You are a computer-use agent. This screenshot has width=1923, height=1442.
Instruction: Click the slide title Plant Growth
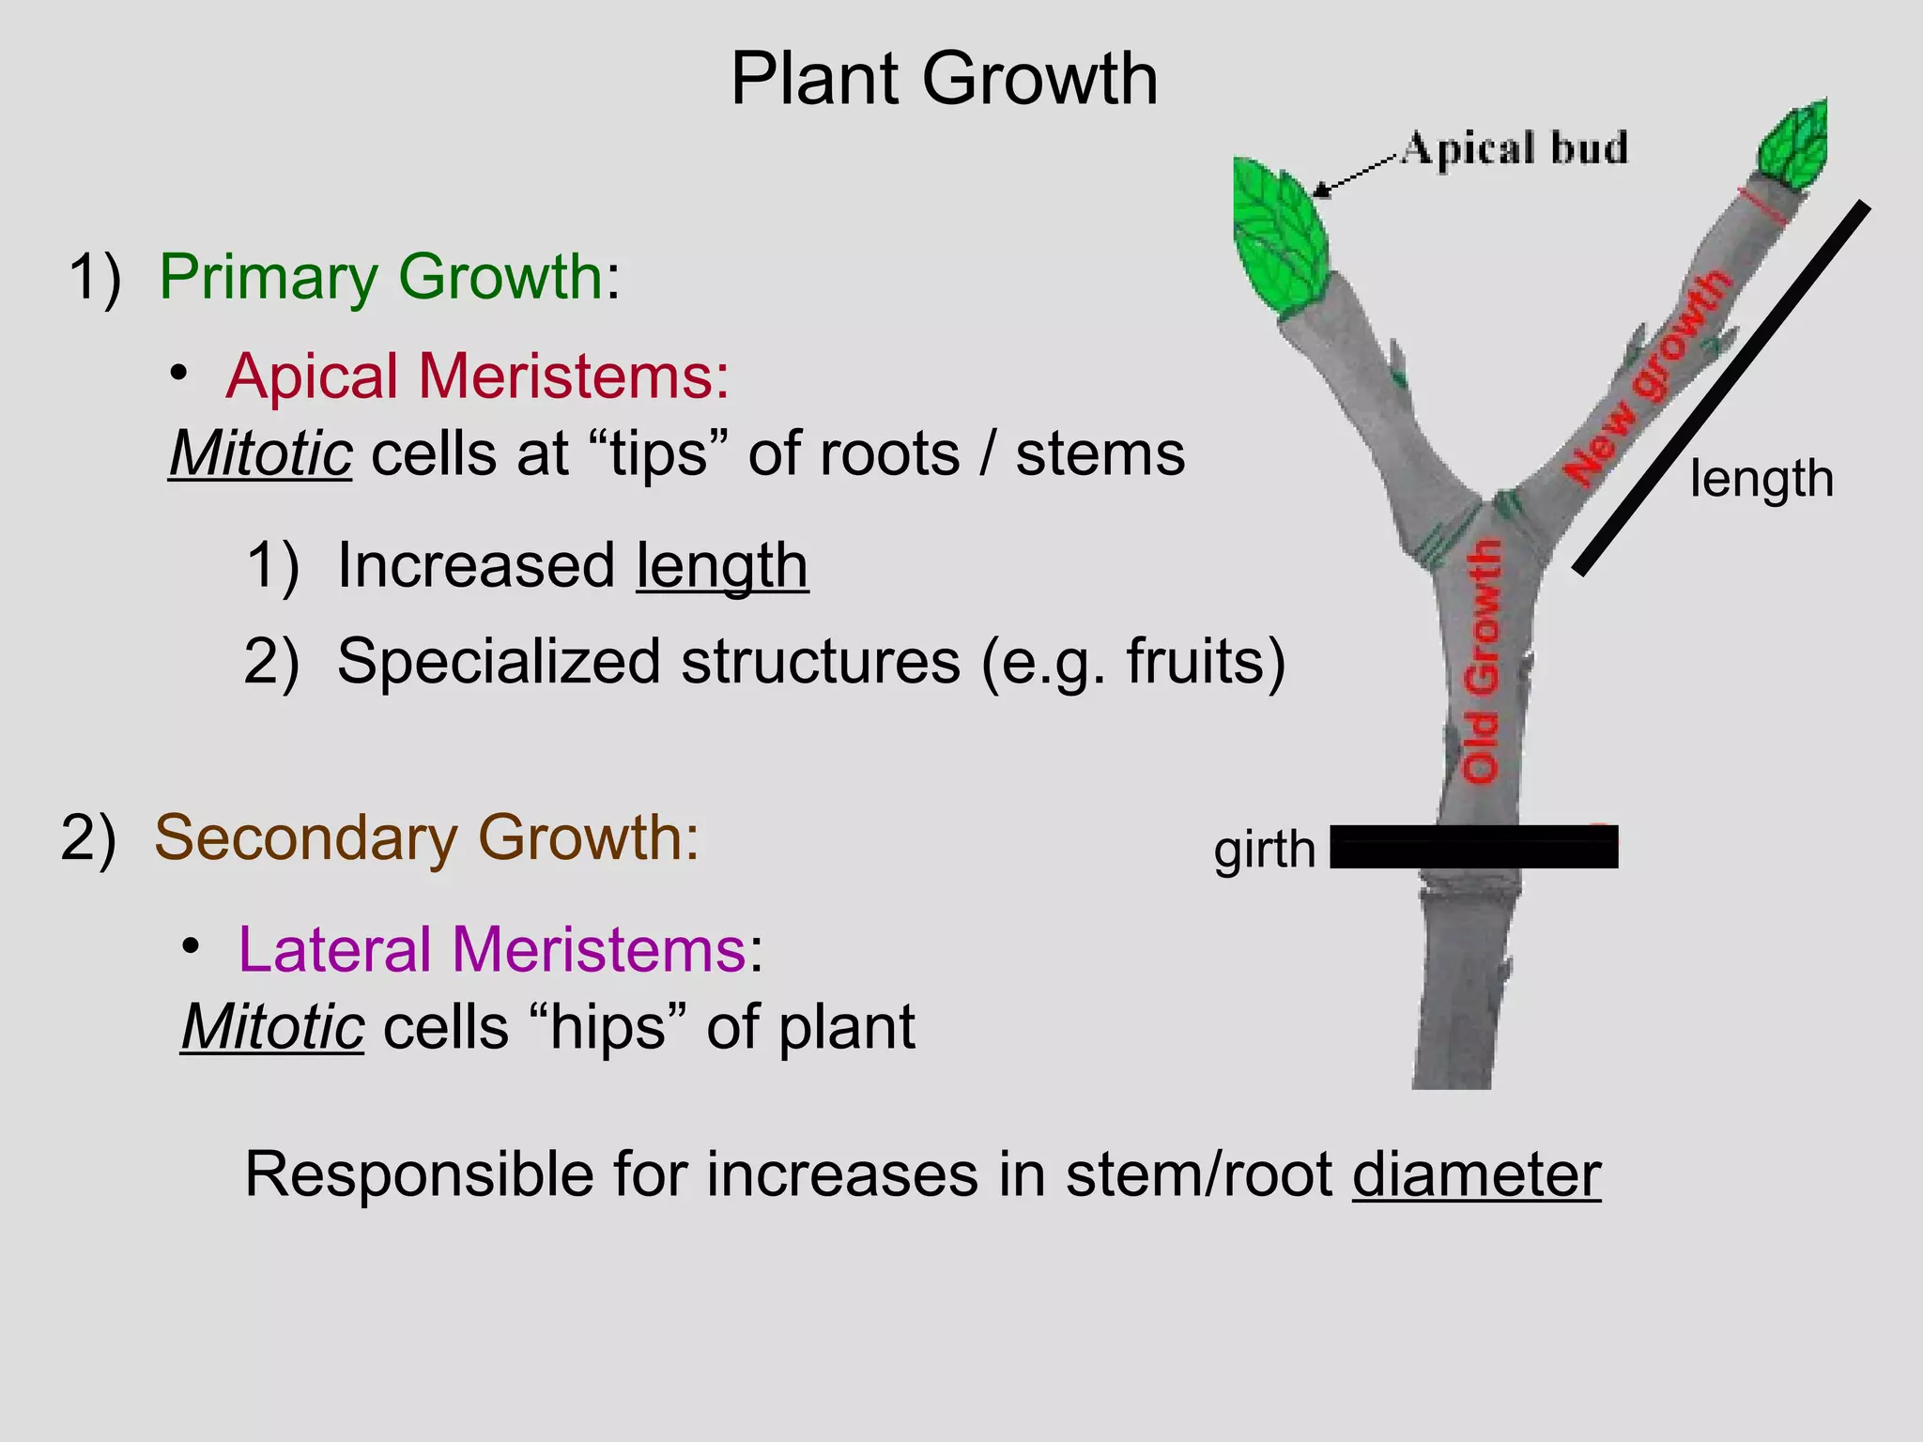[x=944, y=79]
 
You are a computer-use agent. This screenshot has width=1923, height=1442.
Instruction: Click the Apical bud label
[x=1515, y=149]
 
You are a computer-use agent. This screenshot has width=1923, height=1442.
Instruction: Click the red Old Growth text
[x=1483, y=661]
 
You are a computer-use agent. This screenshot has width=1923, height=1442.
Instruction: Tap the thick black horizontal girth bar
[x=1473, y=847]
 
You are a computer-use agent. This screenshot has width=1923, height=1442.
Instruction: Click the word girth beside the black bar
[x=1264, y=850]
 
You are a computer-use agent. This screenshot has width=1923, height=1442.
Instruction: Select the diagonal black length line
[x=1721, y=390]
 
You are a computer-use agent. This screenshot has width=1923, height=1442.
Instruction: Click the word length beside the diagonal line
[x=1761, y=479]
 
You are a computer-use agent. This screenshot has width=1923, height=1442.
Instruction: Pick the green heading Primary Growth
[x=380, y=277]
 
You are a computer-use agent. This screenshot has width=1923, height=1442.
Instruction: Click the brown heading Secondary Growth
[x=426, y=837]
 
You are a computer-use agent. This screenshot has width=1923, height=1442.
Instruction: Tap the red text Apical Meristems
[x=476, y=376]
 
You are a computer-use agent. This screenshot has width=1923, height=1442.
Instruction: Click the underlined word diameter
[x=1476, y=1174]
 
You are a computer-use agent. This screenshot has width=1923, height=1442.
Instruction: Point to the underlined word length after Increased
[x=721, y=566]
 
